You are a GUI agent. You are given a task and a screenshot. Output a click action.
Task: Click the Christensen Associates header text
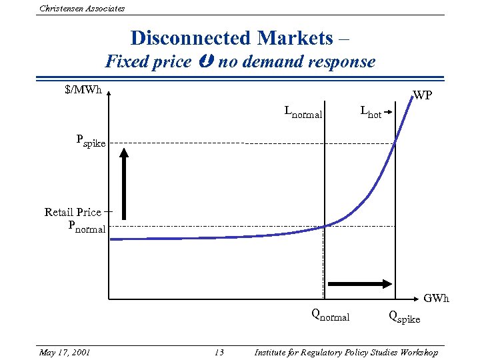click(82, 8)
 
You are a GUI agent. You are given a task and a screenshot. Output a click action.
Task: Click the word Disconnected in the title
click(181, 37)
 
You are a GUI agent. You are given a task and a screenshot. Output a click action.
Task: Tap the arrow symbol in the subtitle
click(205, 63)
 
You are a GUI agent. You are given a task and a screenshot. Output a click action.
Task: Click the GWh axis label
click(437, 298)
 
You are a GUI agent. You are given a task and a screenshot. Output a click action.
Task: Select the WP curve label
click(422, 95)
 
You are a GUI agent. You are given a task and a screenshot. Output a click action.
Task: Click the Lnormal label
click(303, 112)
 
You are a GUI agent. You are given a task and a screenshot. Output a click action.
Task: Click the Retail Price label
click(73, 212)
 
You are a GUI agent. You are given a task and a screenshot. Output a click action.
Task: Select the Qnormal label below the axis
click(330, 315)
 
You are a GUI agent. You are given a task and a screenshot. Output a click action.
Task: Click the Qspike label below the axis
click(405, 317)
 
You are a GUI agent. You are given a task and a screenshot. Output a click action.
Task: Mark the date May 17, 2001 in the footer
click(65, 352)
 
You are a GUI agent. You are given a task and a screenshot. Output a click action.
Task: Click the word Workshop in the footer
click(415, 352)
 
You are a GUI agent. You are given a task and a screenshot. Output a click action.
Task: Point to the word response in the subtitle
click(341, 63)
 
